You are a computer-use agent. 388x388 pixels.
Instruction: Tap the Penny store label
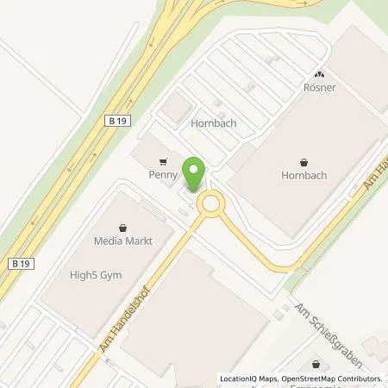coord(162,174)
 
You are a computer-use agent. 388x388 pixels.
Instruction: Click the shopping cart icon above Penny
coord(162,161)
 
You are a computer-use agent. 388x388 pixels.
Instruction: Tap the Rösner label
coord(319,87)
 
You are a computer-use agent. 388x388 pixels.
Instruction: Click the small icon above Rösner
coord(319,75)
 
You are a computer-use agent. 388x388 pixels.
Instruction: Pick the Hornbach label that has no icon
coord(213,123)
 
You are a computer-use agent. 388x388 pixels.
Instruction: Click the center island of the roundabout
coord(210,204)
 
